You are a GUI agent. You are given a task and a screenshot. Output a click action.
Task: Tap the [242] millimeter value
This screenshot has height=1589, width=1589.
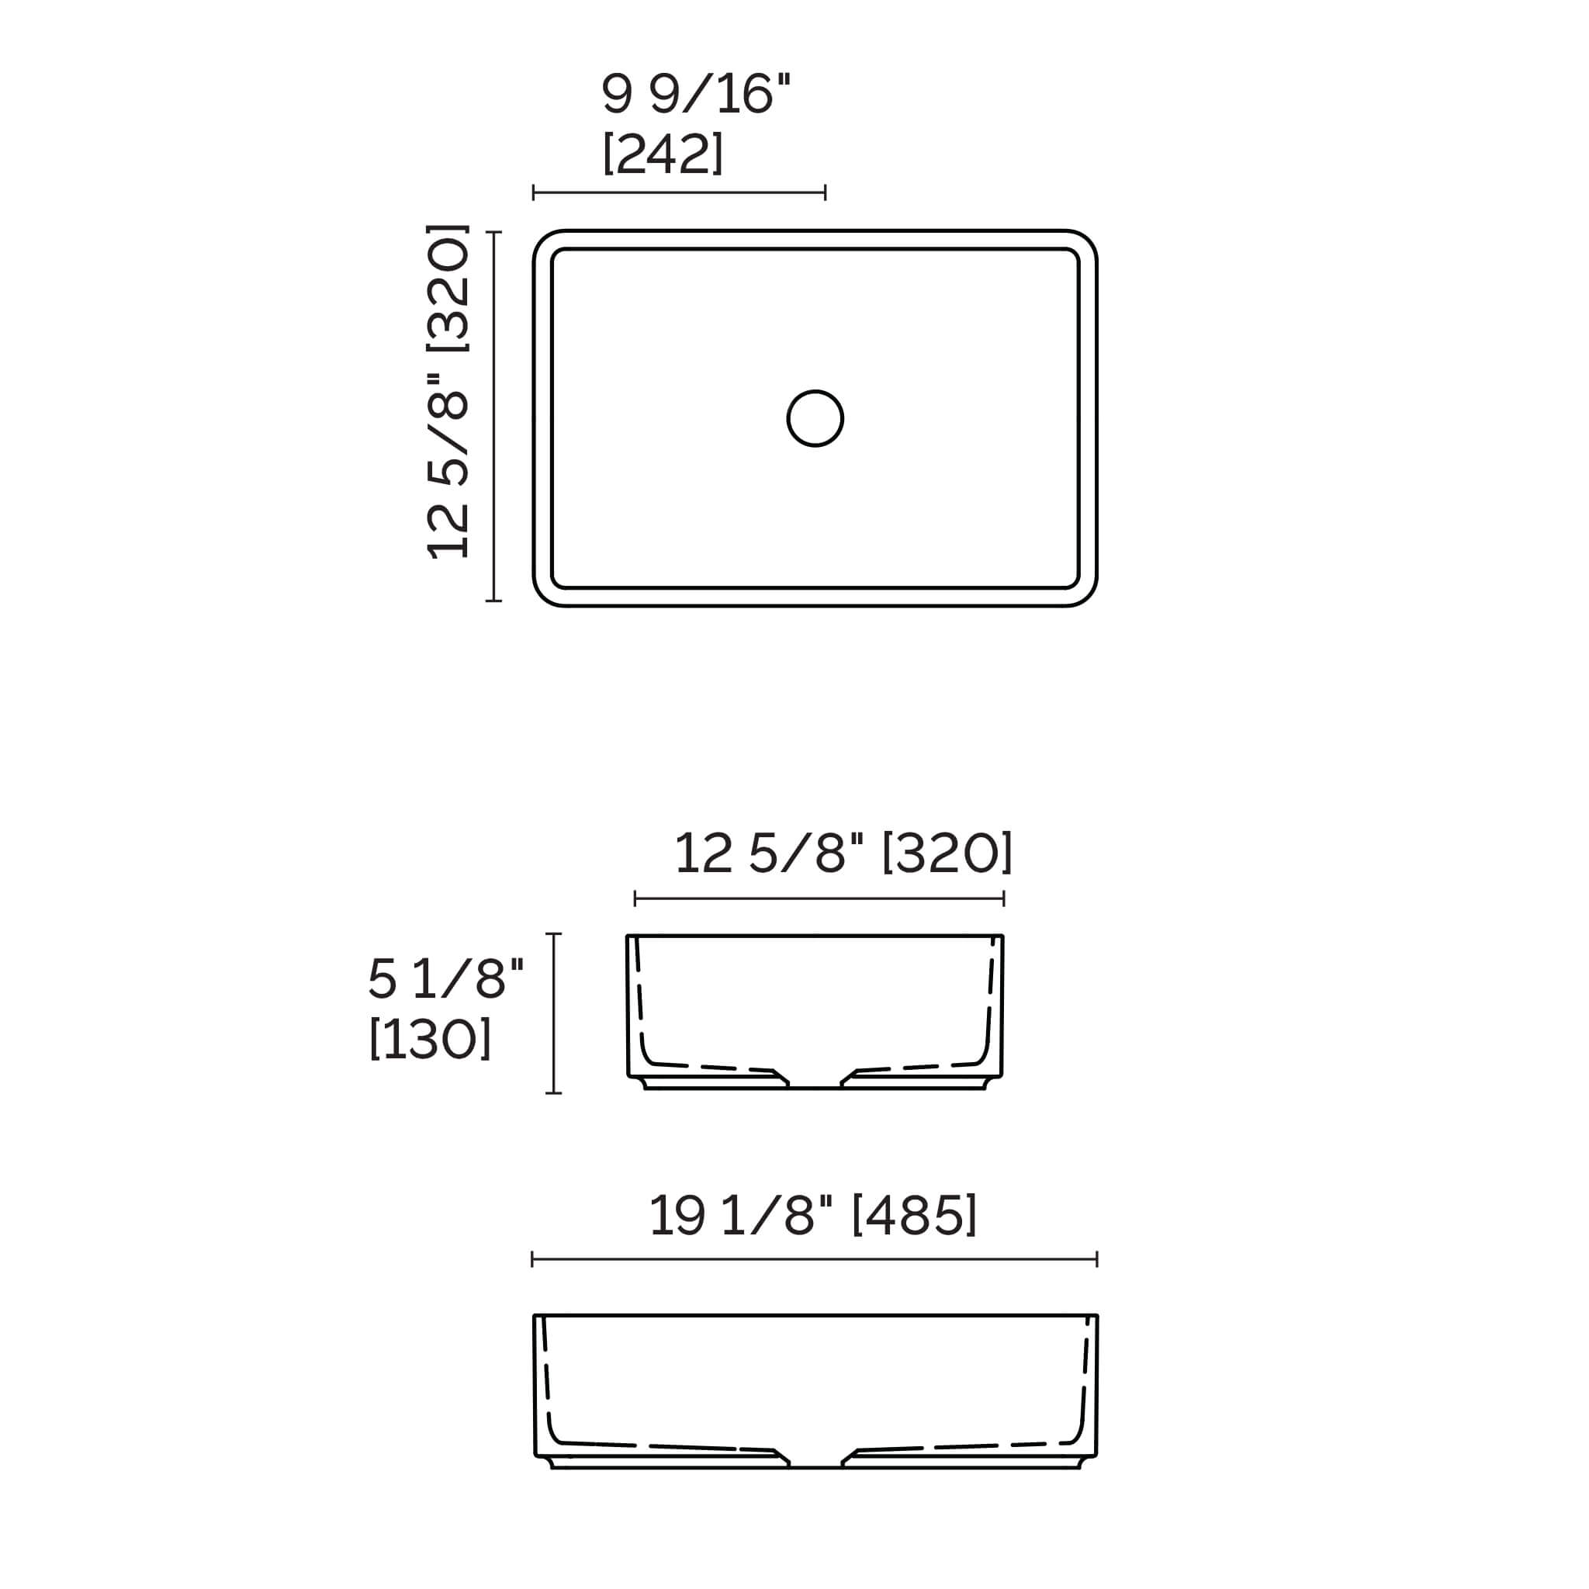click(x=663, y=153)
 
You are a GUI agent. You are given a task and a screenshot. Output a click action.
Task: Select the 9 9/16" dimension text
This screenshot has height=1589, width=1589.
click(x=695, y=94)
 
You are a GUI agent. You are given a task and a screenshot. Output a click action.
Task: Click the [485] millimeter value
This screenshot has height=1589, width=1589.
click(x=914, y=1215)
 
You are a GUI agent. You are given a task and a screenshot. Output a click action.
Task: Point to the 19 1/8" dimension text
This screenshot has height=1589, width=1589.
click(x=740, y=1215)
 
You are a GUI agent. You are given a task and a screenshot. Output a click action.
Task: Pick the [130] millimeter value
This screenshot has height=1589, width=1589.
click(x=430, y=1039)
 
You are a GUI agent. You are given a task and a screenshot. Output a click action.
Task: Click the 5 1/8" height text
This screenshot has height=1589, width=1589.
click(x=445, y=978)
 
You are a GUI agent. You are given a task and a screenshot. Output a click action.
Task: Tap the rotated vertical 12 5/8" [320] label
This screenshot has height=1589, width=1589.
click(x=448, y=392)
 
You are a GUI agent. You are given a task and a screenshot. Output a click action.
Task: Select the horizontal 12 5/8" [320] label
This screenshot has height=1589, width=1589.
click(x=843, y=853)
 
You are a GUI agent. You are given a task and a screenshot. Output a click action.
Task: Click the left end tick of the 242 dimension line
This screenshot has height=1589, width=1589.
click(x=534, y=193)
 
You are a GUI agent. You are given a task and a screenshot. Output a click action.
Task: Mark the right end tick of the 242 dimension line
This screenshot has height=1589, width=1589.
click(x=825, y=193)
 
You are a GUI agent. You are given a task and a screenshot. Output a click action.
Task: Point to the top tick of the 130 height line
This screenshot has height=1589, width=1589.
click(x=553, y=934)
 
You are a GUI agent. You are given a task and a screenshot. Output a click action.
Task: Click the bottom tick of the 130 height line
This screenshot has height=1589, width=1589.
click(x=553, y=1093)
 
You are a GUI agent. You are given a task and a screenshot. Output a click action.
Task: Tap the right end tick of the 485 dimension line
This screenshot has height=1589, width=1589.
click(x=1097, y=1259)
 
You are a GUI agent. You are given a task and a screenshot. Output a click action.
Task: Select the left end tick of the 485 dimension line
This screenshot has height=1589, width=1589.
click(x=533, y=1259)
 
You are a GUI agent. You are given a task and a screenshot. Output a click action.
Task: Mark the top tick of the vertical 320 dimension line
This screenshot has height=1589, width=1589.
click(x=493, y=233)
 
